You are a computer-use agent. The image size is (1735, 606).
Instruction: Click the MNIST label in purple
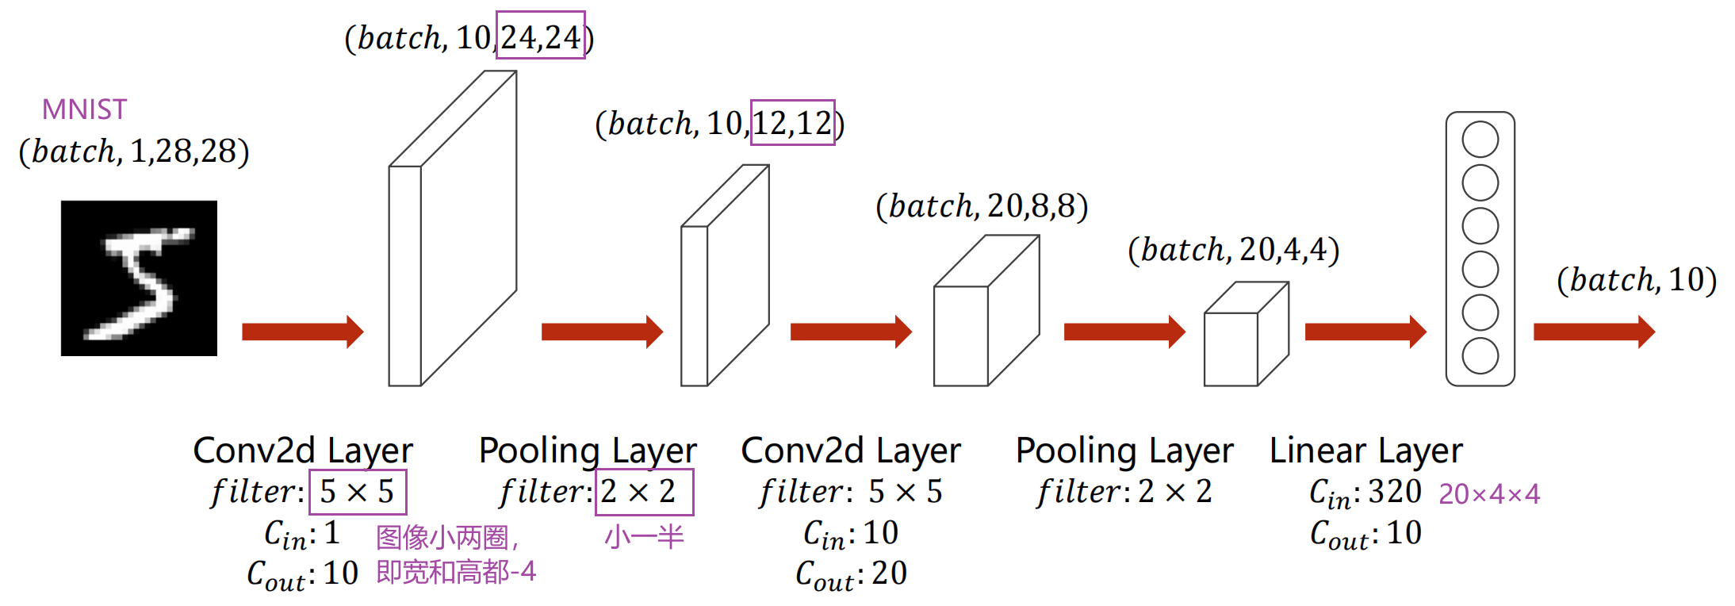click(x=84, y=109)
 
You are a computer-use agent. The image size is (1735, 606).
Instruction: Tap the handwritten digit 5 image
click(x=139, y=278)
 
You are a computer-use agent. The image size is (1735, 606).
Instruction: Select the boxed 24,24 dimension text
click(x=540, y=36)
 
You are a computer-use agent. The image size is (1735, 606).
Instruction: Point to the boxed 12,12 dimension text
click(x=792, y=123)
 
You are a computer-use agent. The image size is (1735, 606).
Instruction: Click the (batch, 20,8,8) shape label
click(x=982, y=206)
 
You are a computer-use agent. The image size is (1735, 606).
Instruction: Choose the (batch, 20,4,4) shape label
click(x=1233, y=250)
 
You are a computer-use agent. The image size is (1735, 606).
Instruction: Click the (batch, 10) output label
click(x=1636, y=280)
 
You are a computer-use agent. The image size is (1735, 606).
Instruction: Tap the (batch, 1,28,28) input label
click(x=134, y=151)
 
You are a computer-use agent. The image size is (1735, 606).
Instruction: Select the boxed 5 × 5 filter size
click(x=358, y=492)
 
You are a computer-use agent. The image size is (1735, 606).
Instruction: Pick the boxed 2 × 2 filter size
click(x=644, y=492)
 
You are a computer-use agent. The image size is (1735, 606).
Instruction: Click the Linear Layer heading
click(x=1365, y=451)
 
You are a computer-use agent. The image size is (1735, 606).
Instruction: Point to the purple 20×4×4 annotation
click(x=1489, y=494)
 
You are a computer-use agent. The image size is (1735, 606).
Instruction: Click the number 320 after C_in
click(x=1395, y=492)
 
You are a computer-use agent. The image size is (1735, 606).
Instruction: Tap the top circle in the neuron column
click(x=1480, y=140)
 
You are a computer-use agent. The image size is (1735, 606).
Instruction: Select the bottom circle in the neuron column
click(x=1480, y=356)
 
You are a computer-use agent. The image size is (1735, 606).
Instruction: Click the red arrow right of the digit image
click(x=302, y=332)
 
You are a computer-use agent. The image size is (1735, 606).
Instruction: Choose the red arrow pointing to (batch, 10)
click(x=1594, y=332)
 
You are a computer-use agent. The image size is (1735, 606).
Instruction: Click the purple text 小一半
click(x=644, y=537)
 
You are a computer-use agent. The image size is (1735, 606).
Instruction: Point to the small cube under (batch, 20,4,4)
click(x=1245, y=336)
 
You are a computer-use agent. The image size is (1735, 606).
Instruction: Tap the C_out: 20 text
click(x=851, y=573)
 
